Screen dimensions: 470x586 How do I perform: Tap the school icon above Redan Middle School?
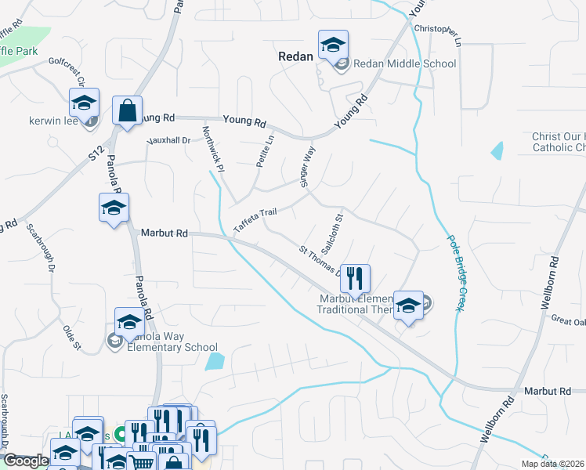(x=332, y=44)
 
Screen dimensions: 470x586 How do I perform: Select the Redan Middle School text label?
(x=404, y=64)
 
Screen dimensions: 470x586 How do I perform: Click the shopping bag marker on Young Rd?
(x=127, y=111)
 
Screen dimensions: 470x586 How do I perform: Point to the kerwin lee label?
(x=52, y=122)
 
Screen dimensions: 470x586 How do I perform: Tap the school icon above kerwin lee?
(x=84, y=103)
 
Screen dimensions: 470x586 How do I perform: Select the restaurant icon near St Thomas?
(x=355, y=277)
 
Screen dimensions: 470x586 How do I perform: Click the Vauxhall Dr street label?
(x=170, y=140)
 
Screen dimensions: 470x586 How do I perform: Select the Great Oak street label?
(x=567, y=320)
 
